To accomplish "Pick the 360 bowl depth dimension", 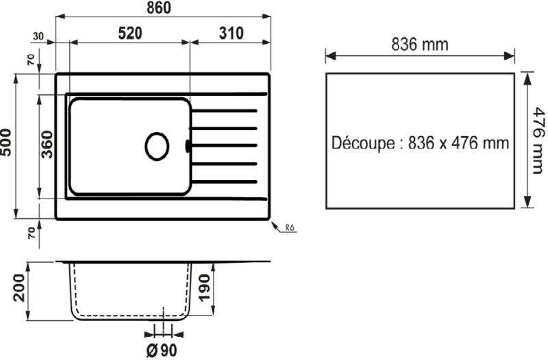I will (x=47, y=144).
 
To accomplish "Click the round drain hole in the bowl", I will (x=157, y=146).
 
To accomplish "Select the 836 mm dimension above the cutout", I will (x=420, y=45).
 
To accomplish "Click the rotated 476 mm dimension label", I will (x=538, y=140).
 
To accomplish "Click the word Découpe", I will (x=360, y=144).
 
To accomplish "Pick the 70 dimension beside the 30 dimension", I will (x=29, y=58).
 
